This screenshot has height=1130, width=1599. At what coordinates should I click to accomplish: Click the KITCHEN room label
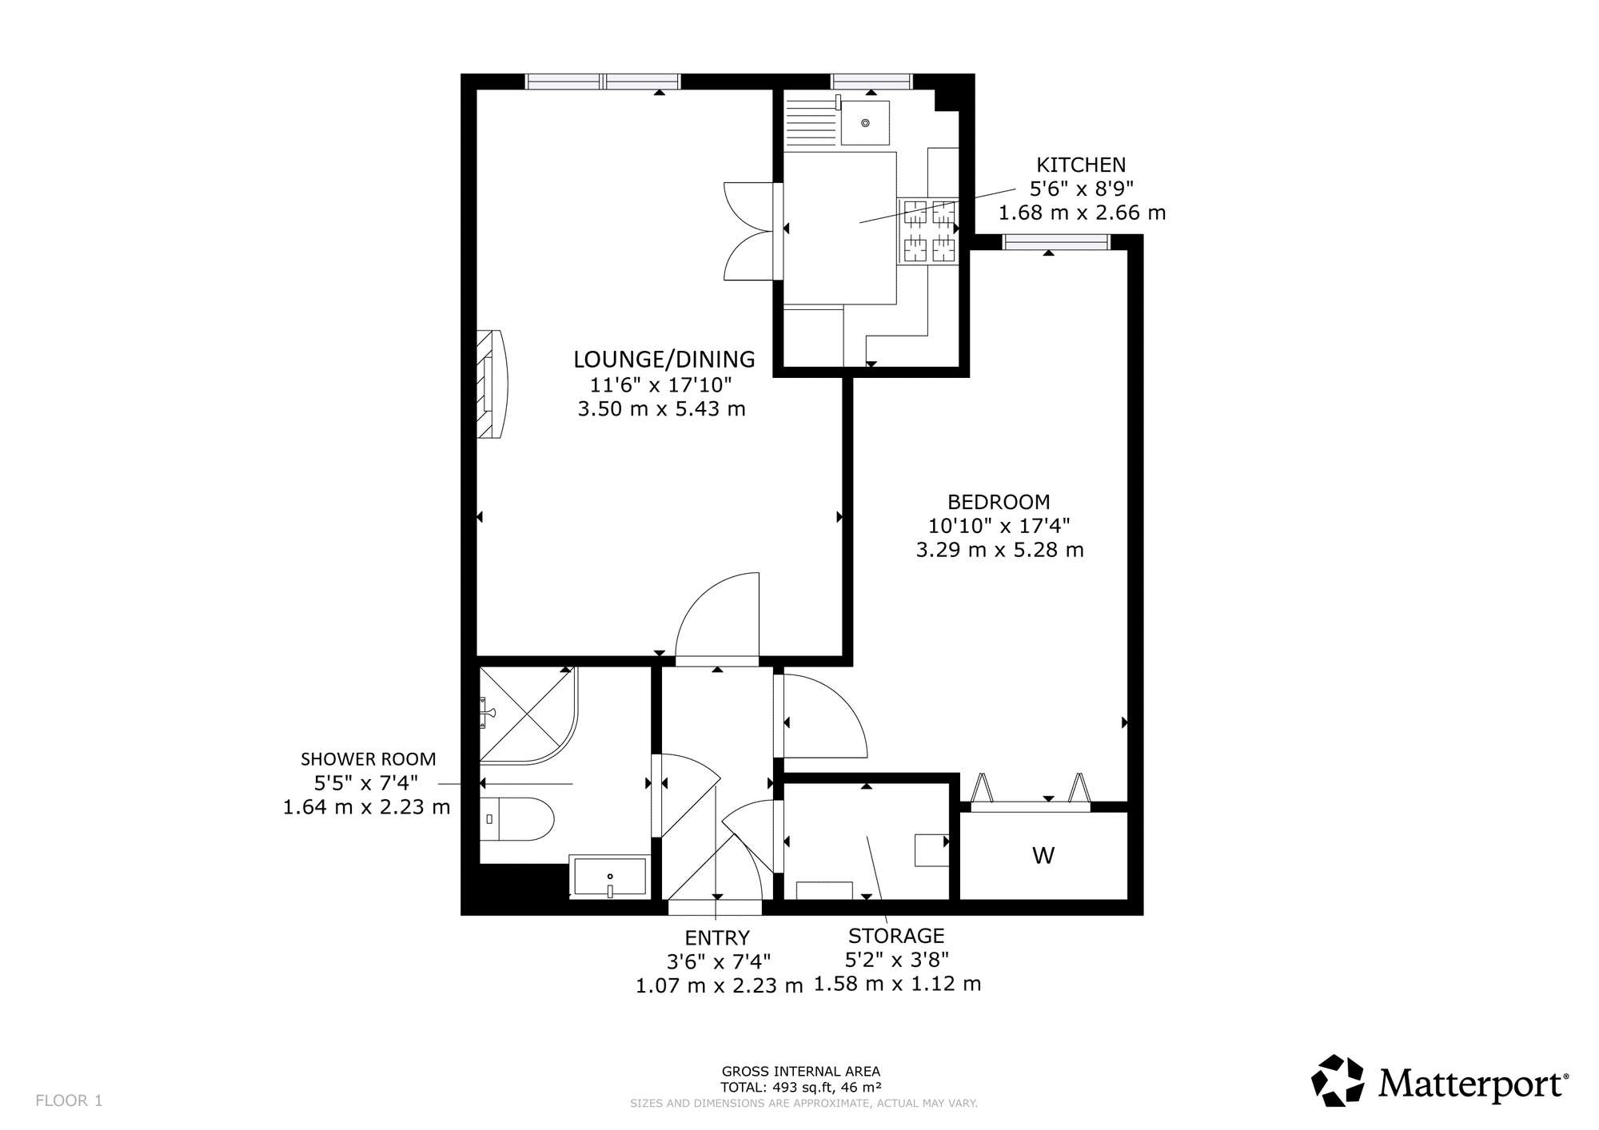click(x=1081, y=165)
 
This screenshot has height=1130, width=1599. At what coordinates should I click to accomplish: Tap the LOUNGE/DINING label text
click(x=664, y=359)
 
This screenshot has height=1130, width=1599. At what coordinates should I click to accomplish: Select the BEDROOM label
click(x=999, y=502)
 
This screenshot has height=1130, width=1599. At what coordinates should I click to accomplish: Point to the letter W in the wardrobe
click(x=1043, y=856)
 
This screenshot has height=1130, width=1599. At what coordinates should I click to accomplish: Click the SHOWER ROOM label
click(x=369, y=759)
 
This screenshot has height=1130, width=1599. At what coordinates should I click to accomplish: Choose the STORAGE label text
click(x=896, y=936)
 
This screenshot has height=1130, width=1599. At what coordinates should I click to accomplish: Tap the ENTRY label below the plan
click(x=717, y=937)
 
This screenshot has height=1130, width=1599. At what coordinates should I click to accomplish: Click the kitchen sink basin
click(x=865, y=123)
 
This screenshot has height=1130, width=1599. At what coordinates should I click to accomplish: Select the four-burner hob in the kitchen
click(x=929, y=231)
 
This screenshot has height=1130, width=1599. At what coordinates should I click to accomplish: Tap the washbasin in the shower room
click(x=609, y=877)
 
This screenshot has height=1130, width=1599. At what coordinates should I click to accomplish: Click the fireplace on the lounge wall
click(x=491, y=384)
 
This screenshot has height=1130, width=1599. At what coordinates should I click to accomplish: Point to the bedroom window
click(x=1056, y=242)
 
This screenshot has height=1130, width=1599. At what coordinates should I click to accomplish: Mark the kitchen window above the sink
click(x=871, y=81)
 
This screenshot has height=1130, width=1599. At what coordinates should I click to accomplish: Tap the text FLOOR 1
click(x=69, y=1100)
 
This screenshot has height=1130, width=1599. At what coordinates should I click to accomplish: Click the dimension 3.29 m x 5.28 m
click(x=999, y=550)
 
